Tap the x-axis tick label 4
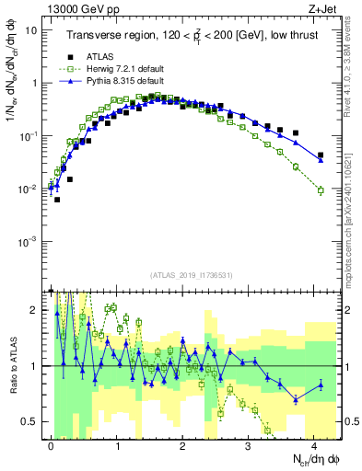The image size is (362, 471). point(314,443)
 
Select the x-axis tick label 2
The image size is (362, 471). point(182,443)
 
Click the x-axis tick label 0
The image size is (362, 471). point(51,443)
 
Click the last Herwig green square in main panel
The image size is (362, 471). point(321,190)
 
